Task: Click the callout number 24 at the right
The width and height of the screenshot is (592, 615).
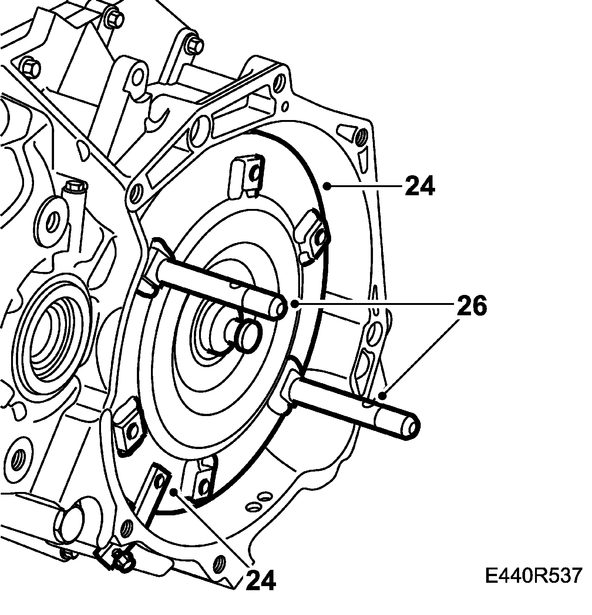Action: [420, 186]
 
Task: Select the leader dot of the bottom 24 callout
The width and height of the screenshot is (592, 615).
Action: [174, 492]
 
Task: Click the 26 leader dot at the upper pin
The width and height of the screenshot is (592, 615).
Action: [295, 304]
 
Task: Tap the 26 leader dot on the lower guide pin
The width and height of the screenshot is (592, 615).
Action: [384, 396]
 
